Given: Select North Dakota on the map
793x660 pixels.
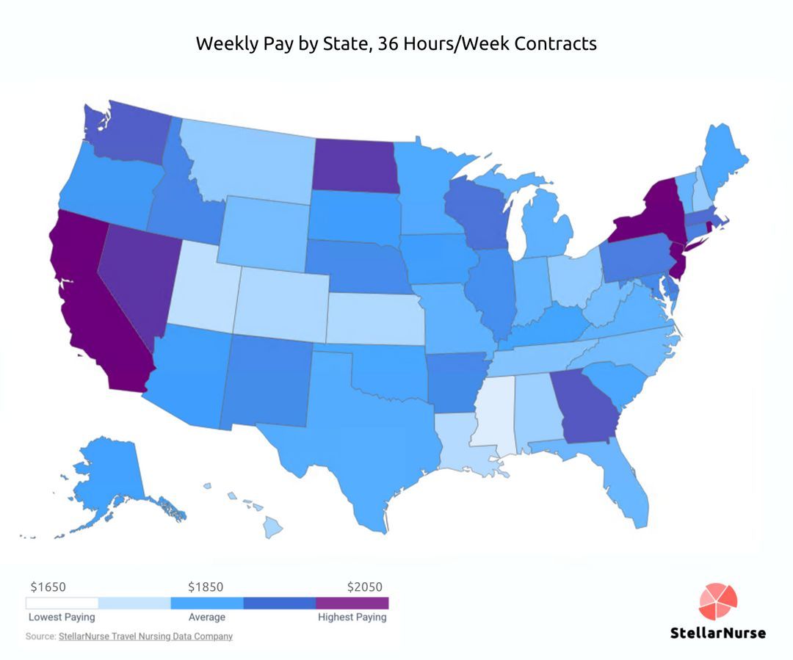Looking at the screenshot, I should click(355, 165).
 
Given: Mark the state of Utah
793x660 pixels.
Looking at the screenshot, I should click(202, 286).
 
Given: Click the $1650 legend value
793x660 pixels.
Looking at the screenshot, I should click(48, 587).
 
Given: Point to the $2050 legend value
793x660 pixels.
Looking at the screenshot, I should click(365, 587).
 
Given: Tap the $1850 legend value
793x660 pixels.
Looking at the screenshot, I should click(206, 587).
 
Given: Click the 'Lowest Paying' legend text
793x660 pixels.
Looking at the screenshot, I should click(62, 617).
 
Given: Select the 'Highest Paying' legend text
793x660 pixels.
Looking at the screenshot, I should click(352, 617).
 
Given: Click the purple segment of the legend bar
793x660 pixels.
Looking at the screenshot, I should click(352, 603).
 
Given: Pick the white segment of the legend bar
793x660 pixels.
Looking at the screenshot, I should click(62, 603).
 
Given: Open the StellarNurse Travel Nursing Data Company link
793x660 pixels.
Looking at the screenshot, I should click(145, 637).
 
